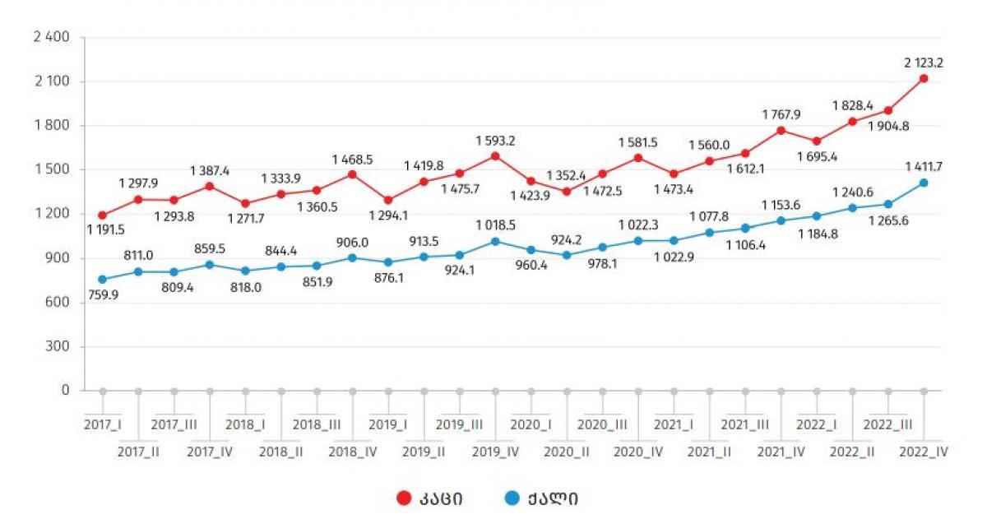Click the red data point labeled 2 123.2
point(924,78)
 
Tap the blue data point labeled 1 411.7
point(924,183)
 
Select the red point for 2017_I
point(102,215)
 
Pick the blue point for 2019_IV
point(495,241)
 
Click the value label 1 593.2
point(495,141)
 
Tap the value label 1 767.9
point(781,114)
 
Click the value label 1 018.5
point(495,225)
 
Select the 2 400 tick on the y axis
point(51,38)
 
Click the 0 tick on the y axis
point(66,391)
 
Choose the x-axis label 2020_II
point(567,452)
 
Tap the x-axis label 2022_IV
point(924,452)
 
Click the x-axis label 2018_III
point(317,424)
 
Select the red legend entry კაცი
point(428,498)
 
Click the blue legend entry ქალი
point(541,498)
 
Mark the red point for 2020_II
point(567,192)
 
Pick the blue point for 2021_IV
point(781,220)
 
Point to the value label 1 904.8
point(889,126)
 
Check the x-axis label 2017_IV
point(210,452)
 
